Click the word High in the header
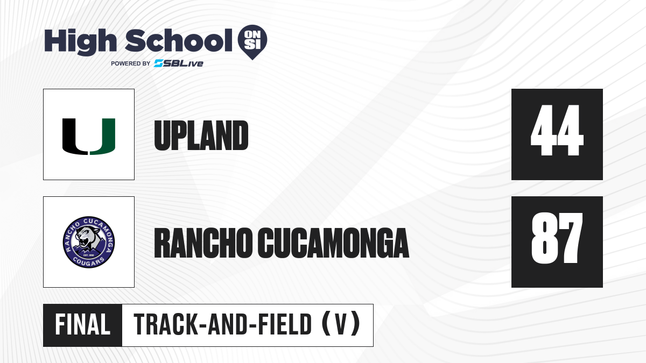(80, 42)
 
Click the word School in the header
(179, 40)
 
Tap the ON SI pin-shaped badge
(252, 42)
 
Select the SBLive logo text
(179, 63)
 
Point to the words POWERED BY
(130, 63)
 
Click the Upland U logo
(89, 136)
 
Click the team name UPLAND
(201, 136)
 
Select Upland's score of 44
(557, 130)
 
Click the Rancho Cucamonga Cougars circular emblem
(89, 242)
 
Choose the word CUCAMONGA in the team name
(333, 243)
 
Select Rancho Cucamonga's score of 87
(557, 238)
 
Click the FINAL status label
(83, 324)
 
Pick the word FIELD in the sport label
(285, 324)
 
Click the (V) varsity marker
(341, 324)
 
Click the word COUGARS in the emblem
(88, 261)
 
